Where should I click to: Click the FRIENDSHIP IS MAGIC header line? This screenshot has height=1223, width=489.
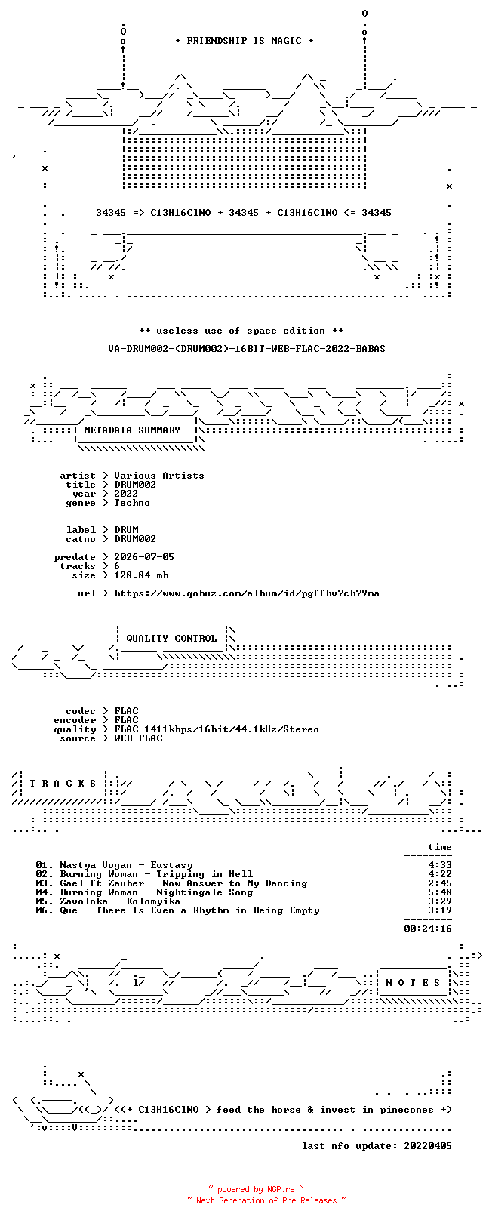pos(244,41)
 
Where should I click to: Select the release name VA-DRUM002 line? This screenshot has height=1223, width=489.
pos(247,348)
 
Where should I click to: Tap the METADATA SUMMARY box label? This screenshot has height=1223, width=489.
pos(132,430)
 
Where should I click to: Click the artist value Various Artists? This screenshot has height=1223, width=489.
pos(159,476)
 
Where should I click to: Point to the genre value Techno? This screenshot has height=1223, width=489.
pos(132,503)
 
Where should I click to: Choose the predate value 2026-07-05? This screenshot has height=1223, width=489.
pos(144,557)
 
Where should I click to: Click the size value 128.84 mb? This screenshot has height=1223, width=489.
pos(141,575)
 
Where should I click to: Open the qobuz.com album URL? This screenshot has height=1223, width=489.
pos(247,593)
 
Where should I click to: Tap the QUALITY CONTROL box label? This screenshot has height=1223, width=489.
pos(171,639)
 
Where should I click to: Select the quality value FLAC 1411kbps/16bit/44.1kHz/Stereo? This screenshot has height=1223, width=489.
pos(217,729)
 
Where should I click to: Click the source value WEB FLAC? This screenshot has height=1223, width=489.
pos(138,738)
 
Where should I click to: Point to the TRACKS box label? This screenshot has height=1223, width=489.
pos(63,784)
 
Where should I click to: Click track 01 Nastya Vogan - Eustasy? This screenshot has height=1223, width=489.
pos(114,865)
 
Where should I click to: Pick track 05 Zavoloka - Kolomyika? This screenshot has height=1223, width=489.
pos(108,901)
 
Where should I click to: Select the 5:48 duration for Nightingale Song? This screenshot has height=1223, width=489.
pos(440,892)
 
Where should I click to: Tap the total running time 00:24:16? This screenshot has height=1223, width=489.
pos(428,929)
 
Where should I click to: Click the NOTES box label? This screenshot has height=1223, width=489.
pos(413,983)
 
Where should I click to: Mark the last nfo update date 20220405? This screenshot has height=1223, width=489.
pos(428,1146)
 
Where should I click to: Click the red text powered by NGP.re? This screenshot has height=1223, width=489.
pos(256,1189)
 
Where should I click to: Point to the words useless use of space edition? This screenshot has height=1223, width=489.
pos(241,331)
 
